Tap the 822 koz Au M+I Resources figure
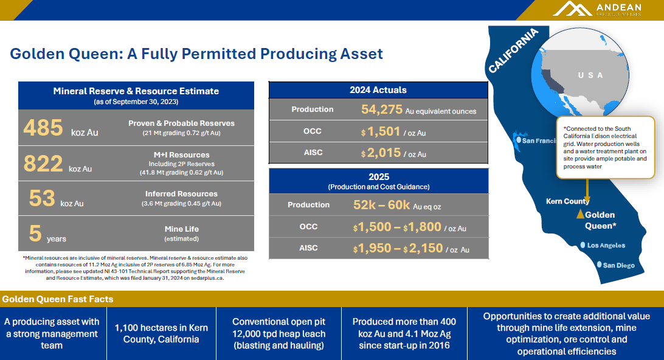pyautogui.click(x=43, y=164)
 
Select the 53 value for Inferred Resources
pyautogui.click(x=42, y=198)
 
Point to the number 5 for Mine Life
pyautogui.click(x=35, y=233)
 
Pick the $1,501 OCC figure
pyautogui.click(x=383, y=132)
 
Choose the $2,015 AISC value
pyautogui.click(x=383, y=153)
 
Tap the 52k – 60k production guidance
pyautogui.click(x=382, y=205)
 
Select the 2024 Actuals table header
pyautogui.click(x=378, y=90)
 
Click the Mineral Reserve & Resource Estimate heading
pyautogui.click(x=136, y=91)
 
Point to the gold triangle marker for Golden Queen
pyautogui.click(x=580, y=214)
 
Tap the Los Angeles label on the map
pyautogui.click(x=606, y=246)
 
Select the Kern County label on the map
pyautogui.click(x=567, y=201)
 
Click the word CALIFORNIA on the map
pyautogui.click(x=513, y=50)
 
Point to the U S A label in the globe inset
pyautogui.click(x=590, y=75)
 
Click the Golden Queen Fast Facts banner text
pyautogui.click(x=58, y=299)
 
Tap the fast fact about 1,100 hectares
pyautogui.click(x=161, y=333)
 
